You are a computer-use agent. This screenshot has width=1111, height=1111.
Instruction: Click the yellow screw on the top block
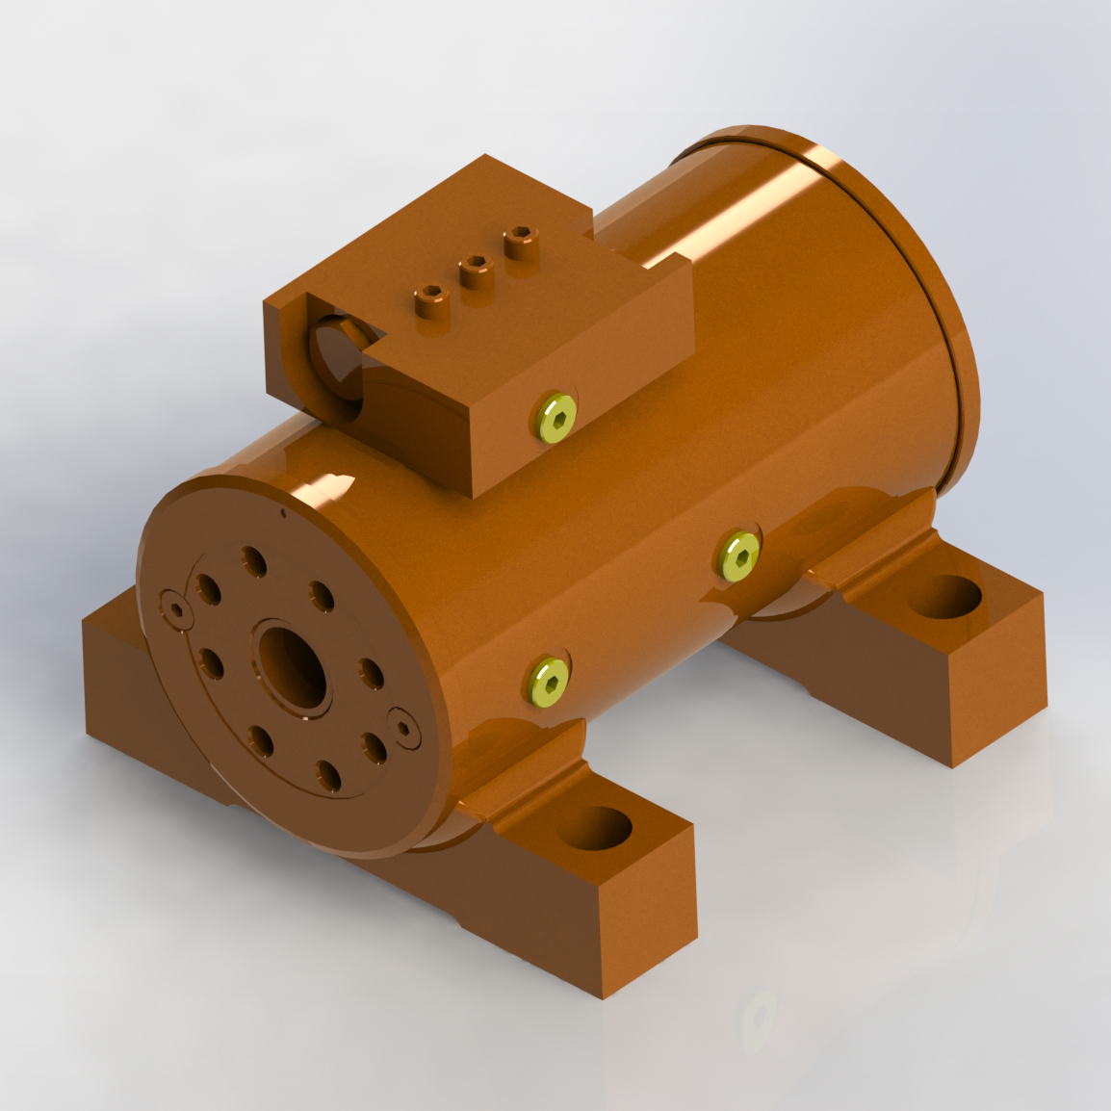(556, 417)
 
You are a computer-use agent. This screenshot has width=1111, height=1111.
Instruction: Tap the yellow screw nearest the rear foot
(738, 555)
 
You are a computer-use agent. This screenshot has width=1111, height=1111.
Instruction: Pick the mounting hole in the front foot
(594, 828)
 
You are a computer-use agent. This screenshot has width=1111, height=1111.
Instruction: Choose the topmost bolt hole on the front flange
(254, 559)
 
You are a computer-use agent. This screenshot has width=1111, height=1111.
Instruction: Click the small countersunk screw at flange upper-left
(176, 608)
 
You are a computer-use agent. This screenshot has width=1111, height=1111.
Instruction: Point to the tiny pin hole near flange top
(282, 514)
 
